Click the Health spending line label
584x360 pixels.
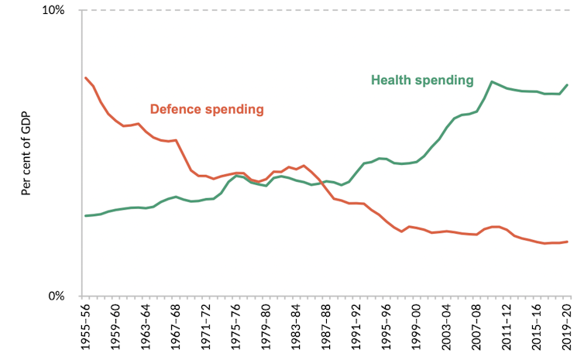(x=422, y=80)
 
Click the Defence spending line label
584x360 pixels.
(x=207, y=109)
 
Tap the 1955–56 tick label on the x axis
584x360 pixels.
(x=85, y=330)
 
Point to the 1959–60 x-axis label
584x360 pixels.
(x=115, y=330)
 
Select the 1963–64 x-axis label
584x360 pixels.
(x=146, y=330)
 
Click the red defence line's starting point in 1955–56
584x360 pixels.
(x=85, y=77)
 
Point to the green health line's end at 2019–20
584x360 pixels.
(x=568, y=84)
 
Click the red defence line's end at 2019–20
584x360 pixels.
(x=568, y=242)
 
